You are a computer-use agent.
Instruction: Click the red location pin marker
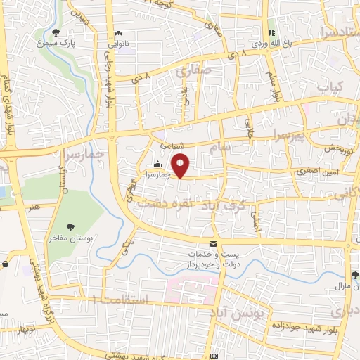[181, 166]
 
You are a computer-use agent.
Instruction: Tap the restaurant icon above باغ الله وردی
[271, 32]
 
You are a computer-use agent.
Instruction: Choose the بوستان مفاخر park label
[71, 237]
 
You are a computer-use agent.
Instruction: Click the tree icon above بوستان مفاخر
[70, 226]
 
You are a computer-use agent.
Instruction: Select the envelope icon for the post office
[193, 243]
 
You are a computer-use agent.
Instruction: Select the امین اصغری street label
[311, 170]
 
